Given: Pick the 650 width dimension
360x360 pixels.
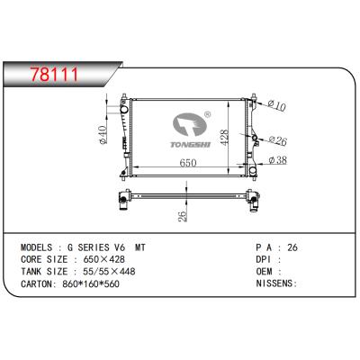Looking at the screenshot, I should [187, 164].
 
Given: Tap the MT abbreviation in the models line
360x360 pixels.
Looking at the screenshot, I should [140, 244].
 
